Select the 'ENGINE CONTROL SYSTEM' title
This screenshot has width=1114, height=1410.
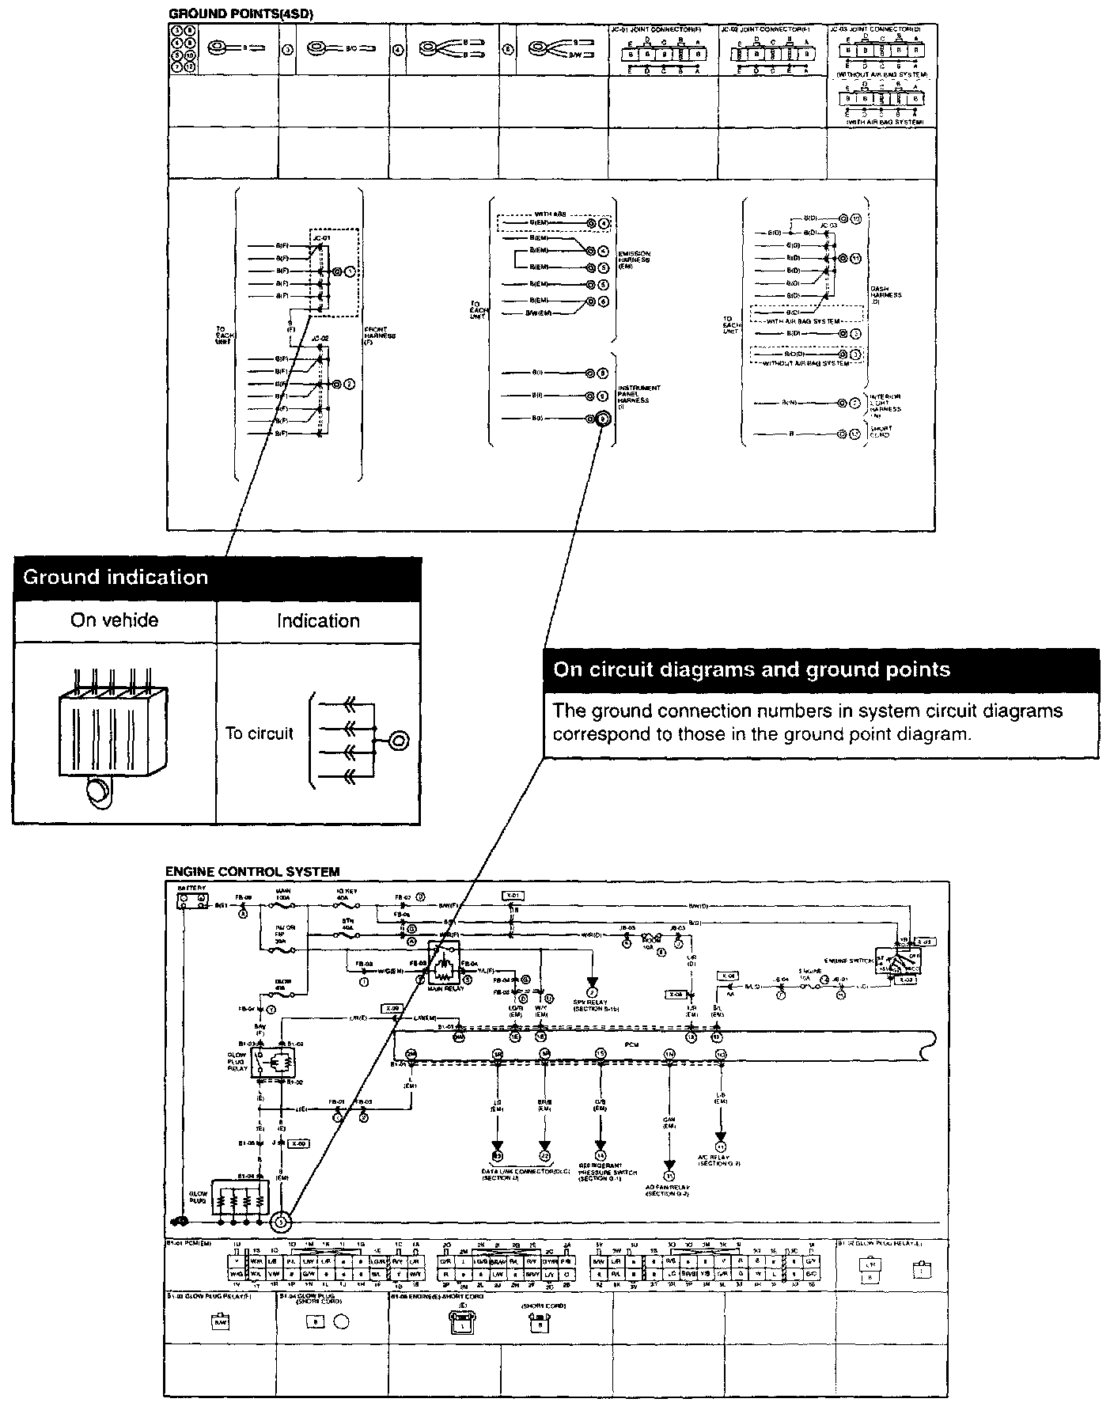click(x=252, y=872)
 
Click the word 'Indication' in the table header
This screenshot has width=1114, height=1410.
click(x=318, y=621)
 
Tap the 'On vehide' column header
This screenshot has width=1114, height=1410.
click(x=114, y=620)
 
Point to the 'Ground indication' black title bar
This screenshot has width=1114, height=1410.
click(x=217, y=578)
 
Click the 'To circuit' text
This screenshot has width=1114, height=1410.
click(x=259, y=733)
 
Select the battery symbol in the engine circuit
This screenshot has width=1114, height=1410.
click(x=192, y=900)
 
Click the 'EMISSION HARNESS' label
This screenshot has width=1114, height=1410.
click(x=634, y=260)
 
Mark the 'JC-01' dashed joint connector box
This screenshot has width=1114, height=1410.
click(x=333, y=272)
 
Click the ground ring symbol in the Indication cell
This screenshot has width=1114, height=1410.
click(x=399, y=741)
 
